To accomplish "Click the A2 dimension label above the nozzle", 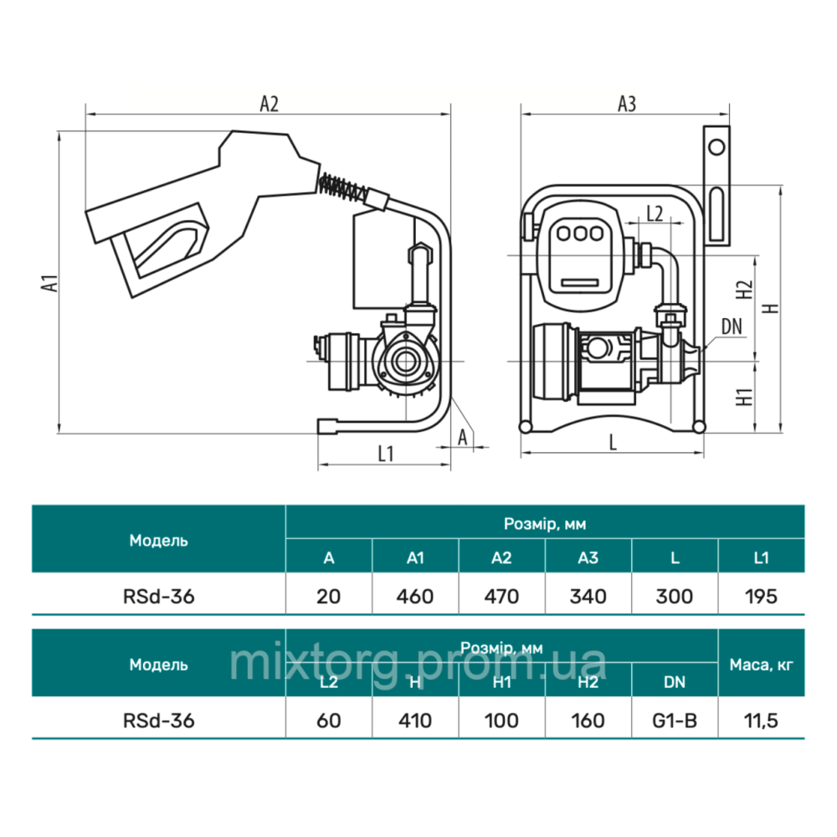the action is tap(269, 104).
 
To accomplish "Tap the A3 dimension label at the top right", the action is tap(627, 104).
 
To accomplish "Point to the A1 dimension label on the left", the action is tap(49, 283).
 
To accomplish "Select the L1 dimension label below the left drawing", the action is tap(385, 454).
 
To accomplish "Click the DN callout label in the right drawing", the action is tap(732, 326).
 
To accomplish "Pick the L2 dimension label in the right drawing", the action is tap(655, 213).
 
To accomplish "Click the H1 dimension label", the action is tap(744, 397).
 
